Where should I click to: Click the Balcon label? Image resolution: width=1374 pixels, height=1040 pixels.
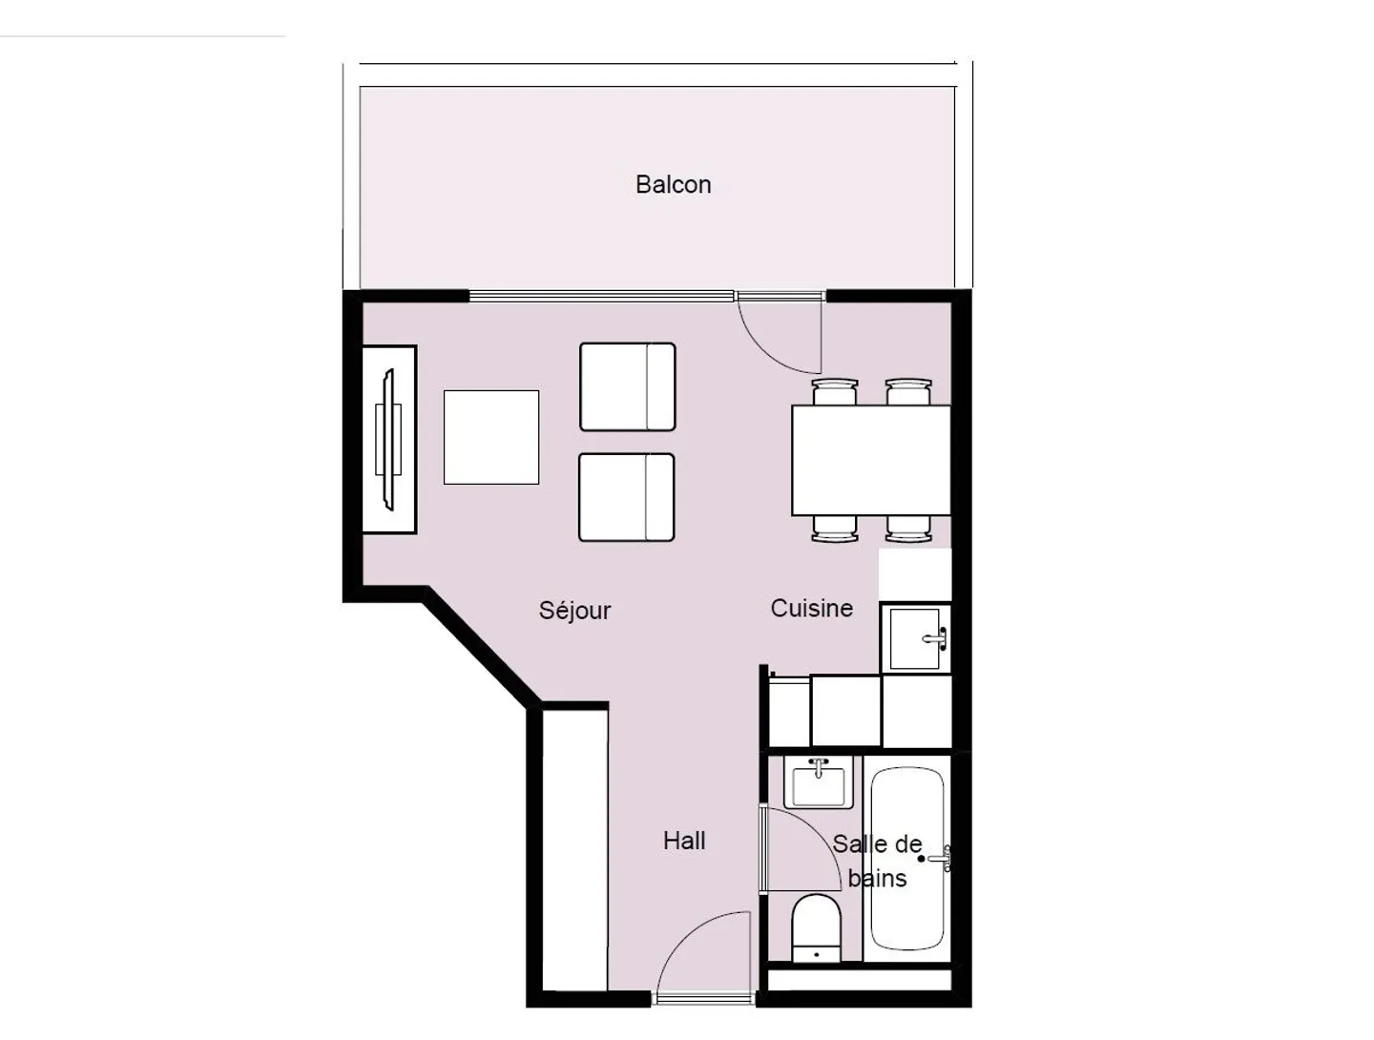[x=673, y=184]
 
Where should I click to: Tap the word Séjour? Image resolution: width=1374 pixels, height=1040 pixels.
[x=574, y=610]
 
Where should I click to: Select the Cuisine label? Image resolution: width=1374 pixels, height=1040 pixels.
[x=811, y=608]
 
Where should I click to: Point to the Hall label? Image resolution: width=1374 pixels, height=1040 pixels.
[x=684, y=841]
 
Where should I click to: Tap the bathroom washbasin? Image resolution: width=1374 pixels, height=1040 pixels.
[x=818, y=783]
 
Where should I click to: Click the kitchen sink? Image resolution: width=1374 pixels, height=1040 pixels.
[x=915, y=638]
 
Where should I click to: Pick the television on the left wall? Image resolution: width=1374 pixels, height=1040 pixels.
[x=388, y=439]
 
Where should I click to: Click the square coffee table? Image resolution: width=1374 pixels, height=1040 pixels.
[x=491, y=437]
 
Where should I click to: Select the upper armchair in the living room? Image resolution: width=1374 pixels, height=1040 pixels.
[x=627, y=387]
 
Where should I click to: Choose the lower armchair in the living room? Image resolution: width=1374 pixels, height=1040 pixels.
[x=626, y=497]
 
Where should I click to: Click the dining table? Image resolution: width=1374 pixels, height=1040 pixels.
[x=870, y=460]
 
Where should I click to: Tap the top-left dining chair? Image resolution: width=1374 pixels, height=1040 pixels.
[x=835, y=391]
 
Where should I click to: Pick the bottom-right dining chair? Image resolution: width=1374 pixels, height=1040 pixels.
[x=908, y=529]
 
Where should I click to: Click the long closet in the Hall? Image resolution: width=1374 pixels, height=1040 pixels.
[x=574, y=849]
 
